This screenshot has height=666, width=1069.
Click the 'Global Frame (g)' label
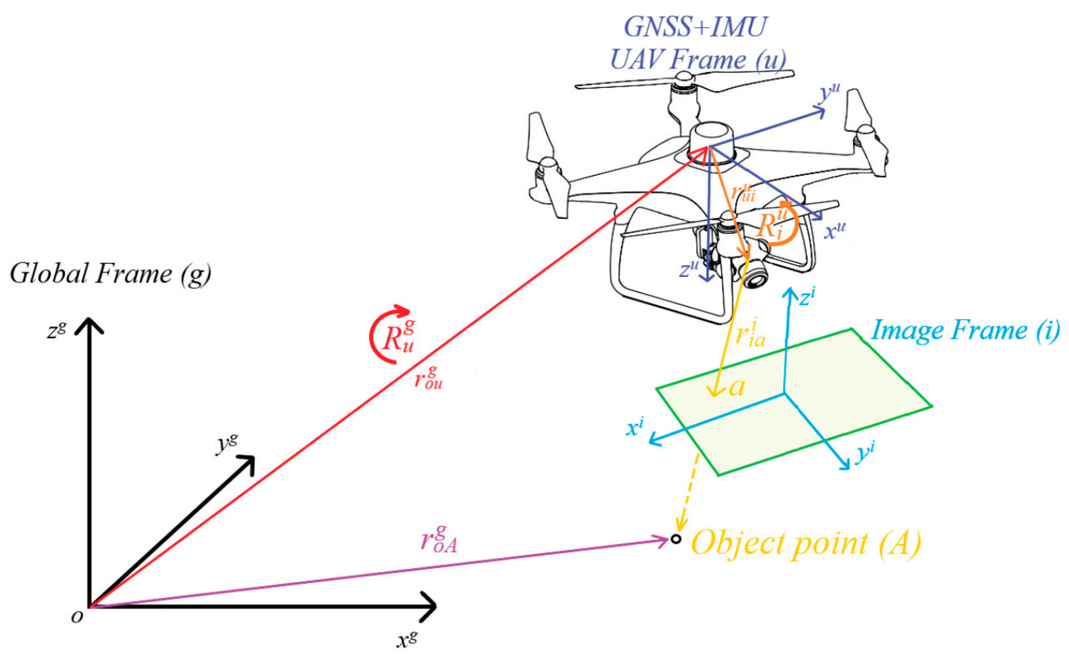pos(110,274)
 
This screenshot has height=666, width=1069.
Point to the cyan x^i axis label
pos(635,427)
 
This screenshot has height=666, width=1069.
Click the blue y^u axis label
pos(828,95)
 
